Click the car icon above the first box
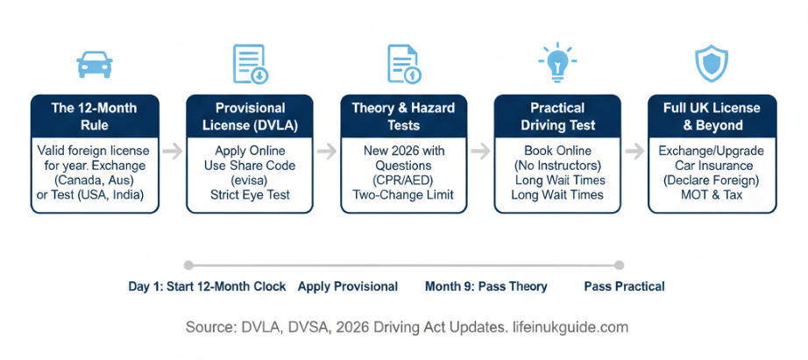(95, 64)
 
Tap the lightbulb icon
(557, 63)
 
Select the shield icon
(712, 63)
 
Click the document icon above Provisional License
(251, 64)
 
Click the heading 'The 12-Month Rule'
(95, 116)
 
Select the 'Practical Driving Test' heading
(557, 116)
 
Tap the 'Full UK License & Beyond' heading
(712, 116)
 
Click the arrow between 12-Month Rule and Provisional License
(172, 152)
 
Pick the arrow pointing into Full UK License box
(634, 152)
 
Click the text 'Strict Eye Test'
(250, 194)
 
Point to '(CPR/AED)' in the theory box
(404, 180)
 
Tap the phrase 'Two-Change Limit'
(404, 194)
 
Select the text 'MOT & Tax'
(712, 194)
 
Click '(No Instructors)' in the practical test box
(557, 166)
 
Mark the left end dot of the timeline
(188, 265)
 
